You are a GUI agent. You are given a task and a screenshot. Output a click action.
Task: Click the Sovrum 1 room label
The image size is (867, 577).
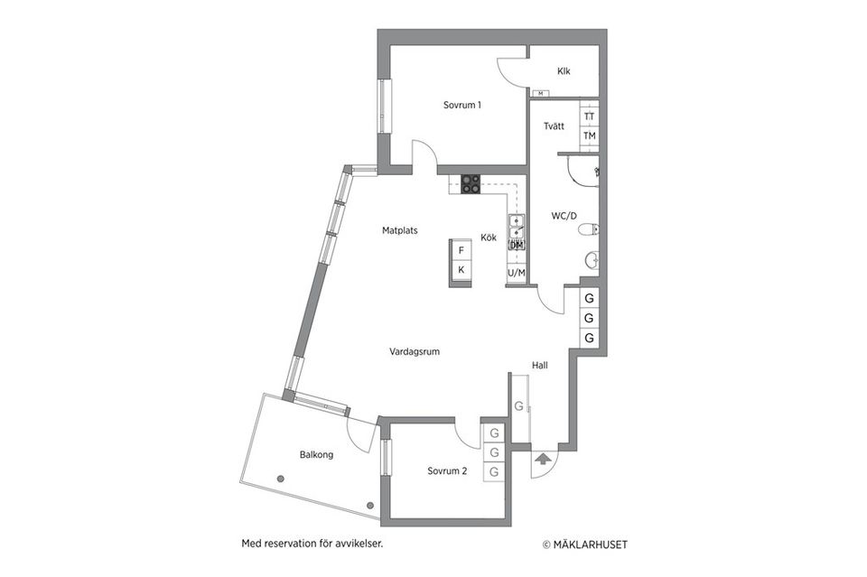click(x=461, y=105)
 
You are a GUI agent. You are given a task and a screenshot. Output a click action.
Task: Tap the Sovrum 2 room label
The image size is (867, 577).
click(x=447, y=471)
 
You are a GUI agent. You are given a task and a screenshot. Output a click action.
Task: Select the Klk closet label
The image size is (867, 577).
click(x=564, y=71)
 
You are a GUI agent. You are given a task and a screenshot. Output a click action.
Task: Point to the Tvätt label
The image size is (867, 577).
click(x=555, y=126)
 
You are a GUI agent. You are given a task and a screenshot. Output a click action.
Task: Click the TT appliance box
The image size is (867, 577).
click(x=589, y=116)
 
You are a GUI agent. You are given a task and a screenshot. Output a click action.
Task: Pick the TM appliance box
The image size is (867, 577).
click(x=589, y=136)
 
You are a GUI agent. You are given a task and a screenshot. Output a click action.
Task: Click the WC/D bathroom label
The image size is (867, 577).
click(x=564, y=216)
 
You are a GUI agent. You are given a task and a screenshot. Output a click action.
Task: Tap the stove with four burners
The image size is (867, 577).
click(x=471, y=183)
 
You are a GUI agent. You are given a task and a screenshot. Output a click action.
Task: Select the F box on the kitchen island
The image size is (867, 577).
click(x=461, y=250)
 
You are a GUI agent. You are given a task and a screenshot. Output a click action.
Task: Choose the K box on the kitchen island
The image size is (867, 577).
click(x=461, y=270)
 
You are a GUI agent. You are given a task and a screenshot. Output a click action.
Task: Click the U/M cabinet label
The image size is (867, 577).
click(x=517, y=272)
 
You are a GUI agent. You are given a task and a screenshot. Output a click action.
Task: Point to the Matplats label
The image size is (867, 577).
click(x=399, y=230)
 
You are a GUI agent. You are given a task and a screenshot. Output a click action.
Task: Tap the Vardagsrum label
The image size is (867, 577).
click(x=415, y=352)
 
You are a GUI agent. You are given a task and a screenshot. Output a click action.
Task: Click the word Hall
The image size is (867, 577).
click(x=540, y=366)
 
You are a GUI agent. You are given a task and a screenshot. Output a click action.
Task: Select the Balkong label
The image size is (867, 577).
click(x=316, y=455)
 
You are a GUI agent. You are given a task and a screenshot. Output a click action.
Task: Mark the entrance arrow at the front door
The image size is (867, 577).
click(x=542, y=460)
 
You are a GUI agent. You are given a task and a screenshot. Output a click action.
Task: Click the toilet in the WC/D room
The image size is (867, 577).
click(x=590, y=229)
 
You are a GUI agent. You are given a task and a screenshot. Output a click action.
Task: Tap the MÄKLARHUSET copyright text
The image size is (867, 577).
click(x=584, y=544)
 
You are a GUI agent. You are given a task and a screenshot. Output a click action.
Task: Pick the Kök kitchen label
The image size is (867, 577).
click(x=489, y=238)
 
